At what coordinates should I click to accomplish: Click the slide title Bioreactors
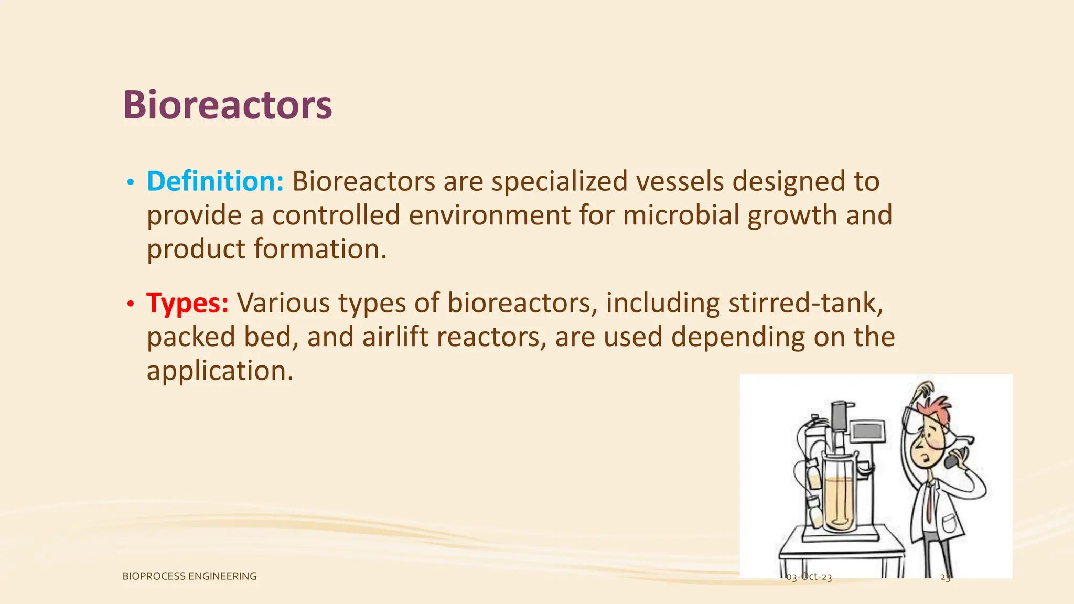click(x=227, y=105)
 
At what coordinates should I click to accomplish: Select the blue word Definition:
click(x=215, y=181)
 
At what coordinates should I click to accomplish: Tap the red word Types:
click(x=187, y=303)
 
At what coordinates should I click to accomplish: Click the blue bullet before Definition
click(x=131, y=182)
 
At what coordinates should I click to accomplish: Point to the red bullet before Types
click(x=131, y=304)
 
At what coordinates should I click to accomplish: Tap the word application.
click(x=219, y=371)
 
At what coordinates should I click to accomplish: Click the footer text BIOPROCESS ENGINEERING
click(x=189, y=576)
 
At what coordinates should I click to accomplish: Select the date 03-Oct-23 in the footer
click(x=809, y=577)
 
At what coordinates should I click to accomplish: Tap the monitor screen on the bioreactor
click(x=868, y=432)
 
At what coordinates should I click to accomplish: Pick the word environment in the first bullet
click(x=489, y=215)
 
